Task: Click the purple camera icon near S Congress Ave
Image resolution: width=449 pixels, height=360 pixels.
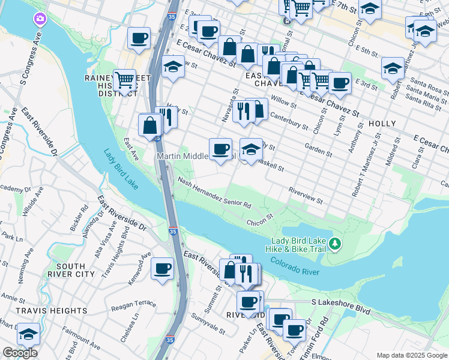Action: (x=40, y=19)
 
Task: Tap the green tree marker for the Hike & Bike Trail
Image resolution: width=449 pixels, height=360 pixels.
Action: (x=336, y=244)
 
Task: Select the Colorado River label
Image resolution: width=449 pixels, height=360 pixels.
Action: (x=295, y=267)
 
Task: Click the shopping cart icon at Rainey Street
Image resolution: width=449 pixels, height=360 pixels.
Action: (x=124, y=79)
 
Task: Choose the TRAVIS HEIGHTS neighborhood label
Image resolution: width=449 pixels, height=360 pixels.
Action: (x=44, y=311)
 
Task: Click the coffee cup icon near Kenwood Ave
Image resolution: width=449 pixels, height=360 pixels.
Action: (x=162, y=268)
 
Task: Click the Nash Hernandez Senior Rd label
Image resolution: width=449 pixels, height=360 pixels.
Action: (x=214, y=195)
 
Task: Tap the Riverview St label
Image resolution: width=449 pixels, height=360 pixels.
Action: (x=306, y=196)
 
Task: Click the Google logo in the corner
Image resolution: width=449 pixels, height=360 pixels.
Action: (x=20, y=353)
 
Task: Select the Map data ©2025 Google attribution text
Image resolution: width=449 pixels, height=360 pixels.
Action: (x=412, y=355)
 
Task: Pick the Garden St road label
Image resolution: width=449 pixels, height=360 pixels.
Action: (x=318, y=149)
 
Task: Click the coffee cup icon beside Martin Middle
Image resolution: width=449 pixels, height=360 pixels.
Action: (x=220, y=148)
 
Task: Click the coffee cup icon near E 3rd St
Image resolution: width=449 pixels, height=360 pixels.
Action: (x=339, y=83)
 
